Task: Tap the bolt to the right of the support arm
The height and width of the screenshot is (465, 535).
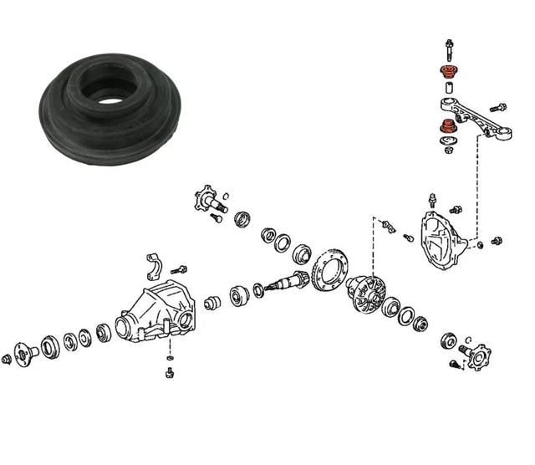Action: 497,108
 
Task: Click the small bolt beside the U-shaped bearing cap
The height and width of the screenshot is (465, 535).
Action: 179,269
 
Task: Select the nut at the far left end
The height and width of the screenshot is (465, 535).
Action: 8,358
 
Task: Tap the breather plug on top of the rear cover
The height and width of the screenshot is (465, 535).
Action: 432,199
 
